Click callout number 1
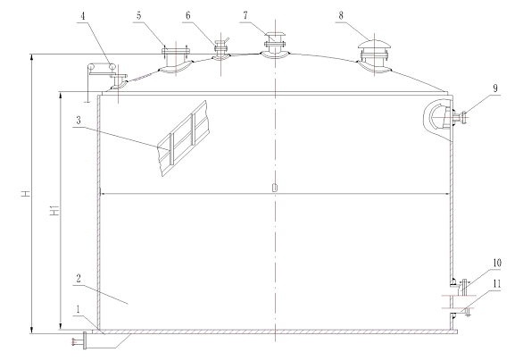[x=78, y=309]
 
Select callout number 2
[x=79, y=278]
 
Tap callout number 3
[x=79, y=121]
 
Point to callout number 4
[x=82, y=16]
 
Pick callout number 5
[x=138, y=15]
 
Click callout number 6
[x=188, y=15]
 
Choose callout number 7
[x=245, y=15]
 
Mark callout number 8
[x=341, y=15]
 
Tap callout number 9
[x=495, y=88]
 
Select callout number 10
[x=497, y=263]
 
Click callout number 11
[x=497, y=284]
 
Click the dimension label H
[x=26, y=193]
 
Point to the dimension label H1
[x=54, y=210]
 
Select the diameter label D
[x=275, y=188]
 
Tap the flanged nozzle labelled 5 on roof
[x=176, y=60]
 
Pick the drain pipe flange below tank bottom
[x=85, y=340]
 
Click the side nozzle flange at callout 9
[x=463, y=118]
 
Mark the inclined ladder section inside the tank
[x=184, y=139]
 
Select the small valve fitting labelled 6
[x=220, y=49]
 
